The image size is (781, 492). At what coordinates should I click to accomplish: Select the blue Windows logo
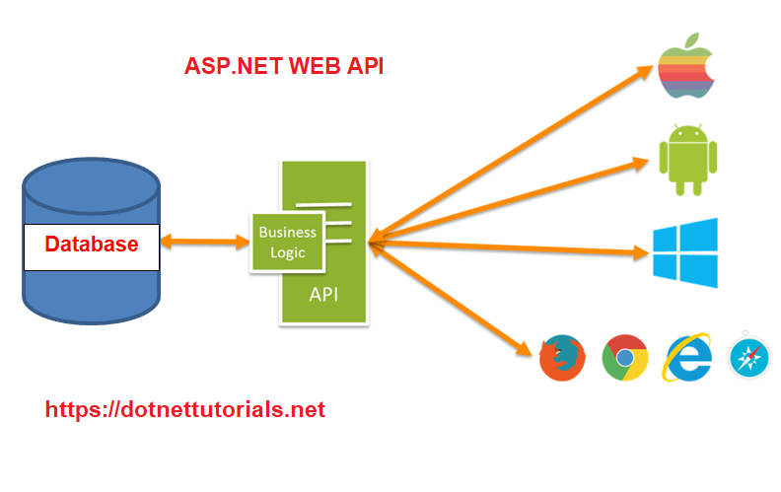684,252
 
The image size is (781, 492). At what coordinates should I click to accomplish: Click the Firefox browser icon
563,357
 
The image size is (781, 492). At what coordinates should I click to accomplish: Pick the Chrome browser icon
625,357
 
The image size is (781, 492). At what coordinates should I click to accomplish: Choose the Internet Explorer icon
688,357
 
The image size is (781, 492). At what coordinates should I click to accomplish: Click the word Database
91,245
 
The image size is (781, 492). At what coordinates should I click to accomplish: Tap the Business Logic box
287,243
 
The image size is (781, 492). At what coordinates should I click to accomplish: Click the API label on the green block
324,294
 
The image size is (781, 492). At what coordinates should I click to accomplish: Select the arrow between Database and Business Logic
205,241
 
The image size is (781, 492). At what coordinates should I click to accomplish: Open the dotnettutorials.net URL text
184,409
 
